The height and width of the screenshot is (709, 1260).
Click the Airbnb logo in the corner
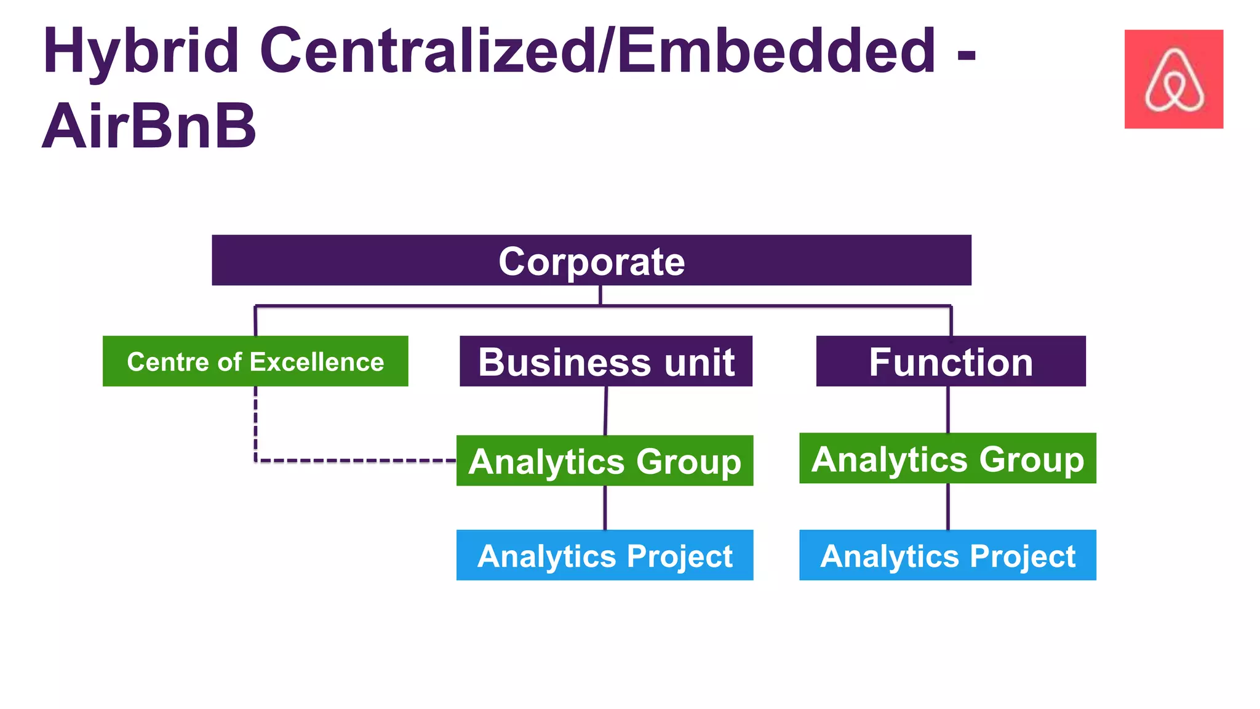point(1173,79)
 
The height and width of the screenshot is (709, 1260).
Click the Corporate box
point(591,260)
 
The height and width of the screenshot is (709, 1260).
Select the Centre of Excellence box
point(255,361)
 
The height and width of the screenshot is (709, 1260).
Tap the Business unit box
point(606,361)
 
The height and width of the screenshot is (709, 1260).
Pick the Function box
point(951,361)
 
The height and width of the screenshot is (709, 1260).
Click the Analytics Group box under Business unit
point(605,461)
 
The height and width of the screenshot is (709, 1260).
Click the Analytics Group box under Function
point(947,459)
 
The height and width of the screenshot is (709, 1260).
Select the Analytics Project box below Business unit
point(605,555)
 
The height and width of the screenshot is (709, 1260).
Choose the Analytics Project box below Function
point(947,555)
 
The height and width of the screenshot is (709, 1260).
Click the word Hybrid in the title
point(140,52)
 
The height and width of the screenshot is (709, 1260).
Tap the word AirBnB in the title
point(149,127)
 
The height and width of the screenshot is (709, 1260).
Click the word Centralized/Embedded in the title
point(597,52)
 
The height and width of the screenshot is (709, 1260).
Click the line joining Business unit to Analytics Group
point(605,411)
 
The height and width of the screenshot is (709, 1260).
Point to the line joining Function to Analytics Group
point(947,409)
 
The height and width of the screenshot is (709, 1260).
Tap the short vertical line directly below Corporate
point(600,295)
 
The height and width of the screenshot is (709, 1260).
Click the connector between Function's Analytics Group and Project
point(947,506)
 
